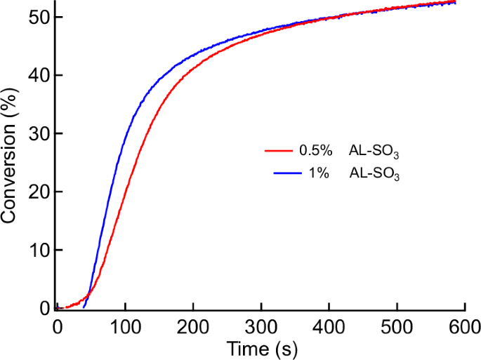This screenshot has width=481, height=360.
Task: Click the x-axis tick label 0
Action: click(x=57, y=326)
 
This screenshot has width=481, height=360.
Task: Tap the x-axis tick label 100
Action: click(x=125, y=326)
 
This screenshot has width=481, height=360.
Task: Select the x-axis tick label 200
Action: click(x=193, y=326)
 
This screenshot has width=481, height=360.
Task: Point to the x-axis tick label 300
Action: click(x=261, y=326)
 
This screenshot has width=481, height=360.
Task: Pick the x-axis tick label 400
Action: click(x=329, y=326)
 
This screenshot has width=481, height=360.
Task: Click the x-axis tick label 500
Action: click(x=397, y=326)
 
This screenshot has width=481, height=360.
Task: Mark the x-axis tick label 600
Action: click(x=464, y=326)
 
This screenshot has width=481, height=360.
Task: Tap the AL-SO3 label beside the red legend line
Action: click(x=374, y=152)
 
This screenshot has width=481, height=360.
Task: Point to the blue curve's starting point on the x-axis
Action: click(x=84, y=307)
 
